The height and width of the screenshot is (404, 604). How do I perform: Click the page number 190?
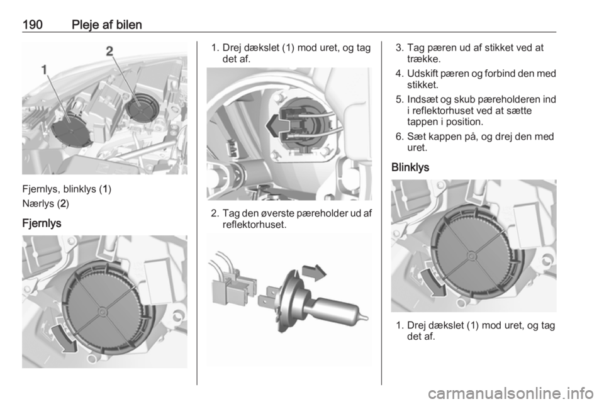33,25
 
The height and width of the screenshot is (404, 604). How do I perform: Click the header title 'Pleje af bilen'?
107,25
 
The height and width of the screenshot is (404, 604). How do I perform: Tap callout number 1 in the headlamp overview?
45,70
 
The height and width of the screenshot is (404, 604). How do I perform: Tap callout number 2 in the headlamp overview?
109,51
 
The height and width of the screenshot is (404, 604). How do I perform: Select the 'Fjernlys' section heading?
42,223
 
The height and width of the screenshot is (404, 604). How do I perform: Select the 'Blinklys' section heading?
410,167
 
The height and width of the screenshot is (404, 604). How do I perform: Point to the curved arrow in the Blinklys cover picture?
433,283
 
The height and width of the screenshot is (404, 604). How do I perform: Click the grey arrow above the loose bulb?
314,272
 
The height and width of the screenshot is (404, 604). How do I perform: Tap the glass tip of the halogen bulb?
364,318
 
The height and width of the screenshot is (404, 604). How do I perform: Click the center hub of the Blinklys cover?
471,255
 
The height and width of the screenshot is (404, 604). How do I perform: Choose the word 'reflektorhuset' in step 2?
254,225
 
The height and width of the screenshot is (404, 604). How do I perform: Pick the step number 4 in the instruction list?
399,74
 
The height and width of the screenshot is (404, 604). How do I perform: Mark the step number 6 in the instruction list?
399,137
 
